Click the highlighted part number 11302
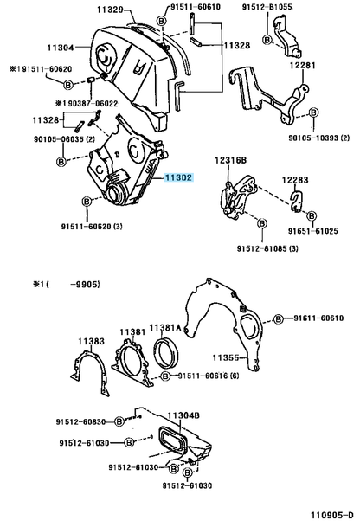178,177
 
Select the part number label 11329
110,10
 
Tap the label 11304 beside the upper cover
61,48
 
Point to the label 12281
303,65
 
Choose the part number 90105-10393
314,138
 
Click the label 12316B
230,160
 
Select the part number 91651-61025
313,231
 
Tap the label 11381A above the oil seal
165,327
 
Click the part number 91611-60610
318,318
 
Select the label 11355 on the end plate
225,357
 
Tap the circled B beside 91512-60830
119,421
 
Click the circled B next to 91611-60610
279,318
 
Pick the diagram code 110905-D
331,515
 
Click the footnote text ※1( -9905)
67,285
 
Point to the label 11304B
183,415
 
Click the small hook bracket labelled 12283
297,202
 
